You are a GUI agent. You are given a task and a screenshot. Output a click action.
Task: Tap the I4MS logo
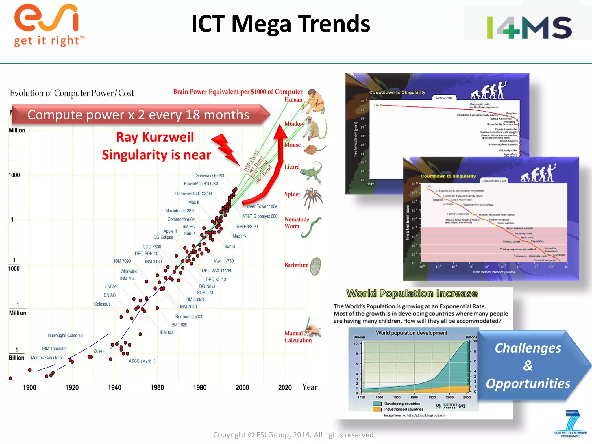pos(529,27)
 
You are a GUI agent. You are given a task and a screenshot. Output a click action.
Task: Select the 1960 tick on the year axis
pos(157,387)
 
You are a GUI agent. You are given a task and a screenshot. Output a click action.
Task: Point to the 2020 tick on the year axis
pos(285,387)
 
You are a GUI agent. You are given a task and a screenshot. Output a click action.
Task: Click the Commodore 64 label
pos(181,219)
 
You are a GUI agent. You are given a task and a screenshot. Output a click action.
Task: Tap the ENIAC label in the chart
pos(110,295)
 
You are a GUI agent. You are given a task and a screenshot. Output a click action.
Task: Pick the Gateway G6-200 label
pos(210,175)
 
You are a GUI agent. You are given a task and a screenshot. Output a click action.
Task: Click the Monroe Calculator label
pos(47,358)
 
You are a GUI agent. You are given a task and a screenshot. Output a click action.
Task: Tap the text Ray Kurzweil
pos(155,137)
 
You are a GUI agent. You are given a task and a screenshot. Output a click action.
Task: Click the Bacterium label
pos(296,265)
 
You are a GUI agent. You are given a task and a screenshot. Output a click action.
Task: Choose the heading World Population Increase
pos(412,293)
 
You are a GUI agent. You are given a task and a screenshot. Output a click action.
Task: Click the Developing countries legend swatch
pos(377,404)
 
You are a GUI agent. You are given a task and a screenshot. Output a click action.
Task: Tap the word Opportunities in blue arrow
pos(528,384)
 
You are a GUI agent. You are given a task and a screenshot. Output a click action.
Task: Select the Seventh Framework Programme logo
pos(571,424)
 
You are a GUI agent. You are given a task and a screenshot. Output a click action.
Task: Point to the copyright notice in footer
pos(294,435)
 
